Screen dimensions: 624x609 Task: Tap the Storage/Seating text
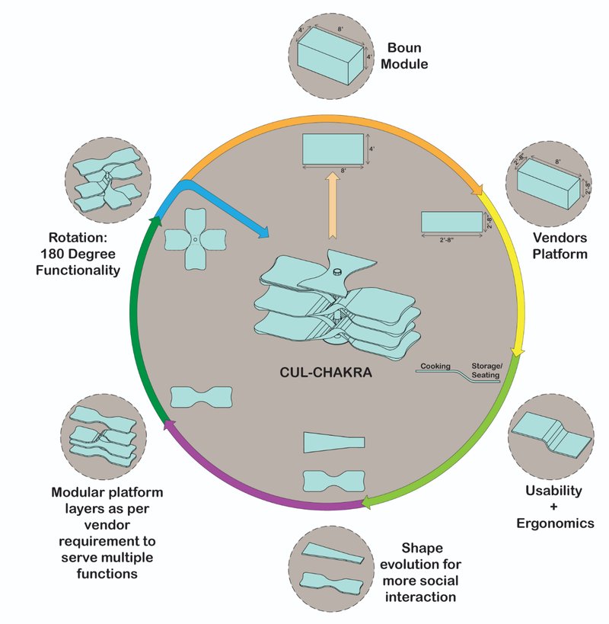coord(488,369)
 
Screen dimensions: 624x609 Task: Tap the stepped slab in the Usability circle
coord(550,436)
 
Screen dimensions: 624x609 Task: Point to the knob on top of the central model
coord(337,272)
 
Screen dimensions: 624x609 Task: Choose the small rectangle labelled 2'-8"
coord(451,221)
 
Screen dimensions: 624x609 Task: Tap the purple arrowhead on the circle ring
coord(168,424)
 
